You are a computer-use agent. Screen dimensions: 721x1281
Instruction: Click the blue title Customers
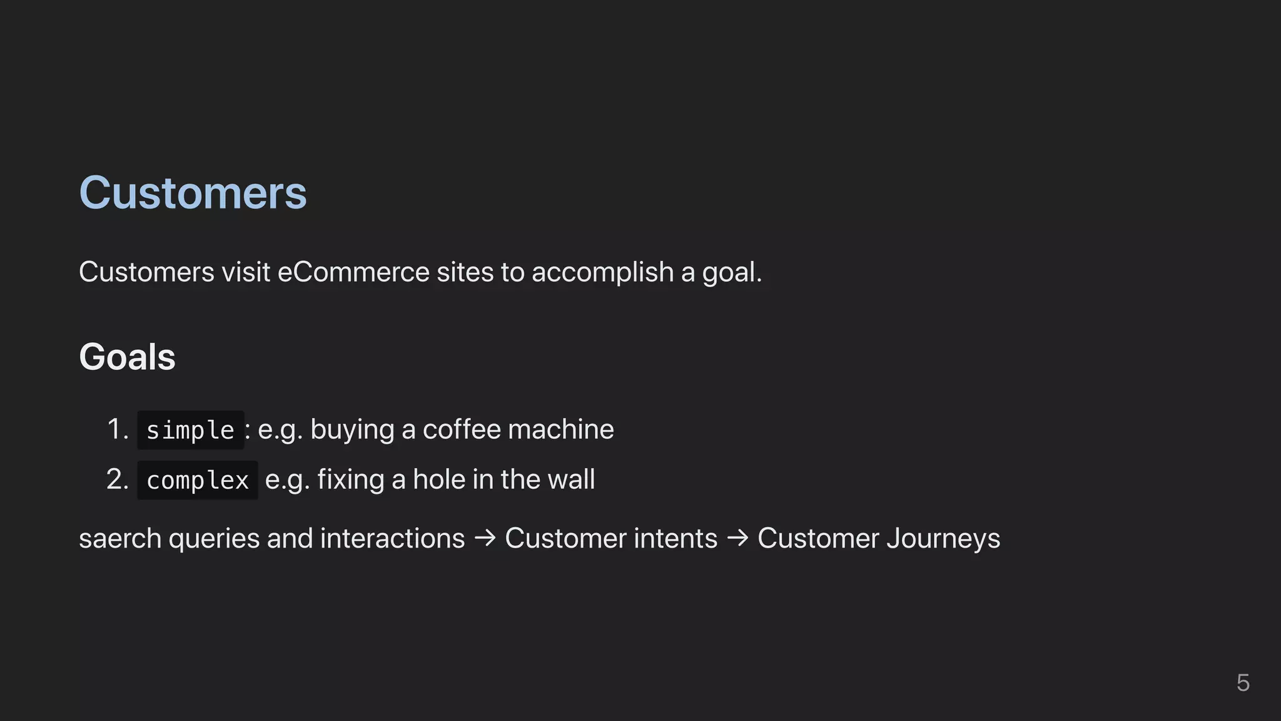click(x=193, y=193)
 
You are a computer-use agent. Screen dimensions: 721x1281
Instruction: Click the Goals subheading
click(x=127, y=357)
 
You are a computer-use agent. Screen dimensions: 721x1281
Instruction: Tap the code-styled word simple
click(x=190, y=430)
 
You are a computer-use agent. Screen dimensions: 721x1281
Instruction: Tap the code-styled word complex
click(x=198, y=480)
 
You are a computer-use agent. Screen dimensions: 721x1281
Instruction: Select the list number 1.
click(x=116, y=429)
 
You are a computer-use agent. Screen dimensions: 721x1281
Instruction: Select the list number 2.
click(x=117, y=479)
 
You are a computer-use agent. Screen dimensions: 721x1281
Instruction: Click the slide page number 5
click(x=1243, y=683)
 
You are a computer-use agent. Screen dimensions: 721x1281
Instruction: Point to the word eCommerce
click(x=353, y=272)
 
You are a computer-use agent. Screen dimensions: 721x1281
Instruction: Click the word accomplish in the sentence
click(x=602, y=272)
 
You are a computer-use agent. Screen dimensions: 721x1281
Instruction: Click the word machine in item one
click(x=561, y=429)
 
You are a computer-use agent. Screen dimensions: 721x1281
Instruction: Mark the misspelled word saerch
click(x=120, y=539)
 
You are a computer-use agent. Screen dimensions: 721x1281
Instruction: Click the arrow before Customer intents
click(x=485, y=538)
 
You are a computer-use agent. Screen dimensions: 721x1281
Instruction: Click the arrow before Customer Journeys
click(x=737, y=538)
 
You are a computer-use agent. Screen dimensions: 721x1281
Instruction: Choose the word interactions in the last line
click(x=392, y=538)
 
